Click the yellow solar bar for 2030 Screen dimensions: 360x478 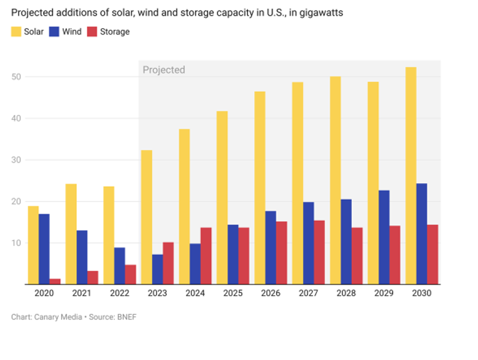tap(411, 176)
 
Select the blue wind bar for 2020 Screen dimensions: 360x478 tap(44, 249)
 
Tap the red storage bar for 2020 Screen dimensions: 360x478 tap(55, 281)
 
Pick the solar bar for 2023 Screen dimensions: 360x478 tap(146, 217)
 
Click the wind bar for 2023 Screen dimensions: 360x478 tap(157, 269)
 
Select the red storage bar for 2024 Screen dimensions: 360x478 tap(206, 256)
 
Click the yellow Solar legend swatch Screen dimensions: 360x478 tap(16, 32)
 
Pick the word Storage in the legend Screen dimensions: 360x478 tap(115, 32)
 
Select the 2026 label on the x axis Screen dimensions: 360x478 tap(271, 293)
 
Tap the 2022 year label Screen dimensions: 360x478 tap(119, 293)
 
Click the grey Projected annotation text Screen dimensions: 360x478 tap(164, 70)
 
